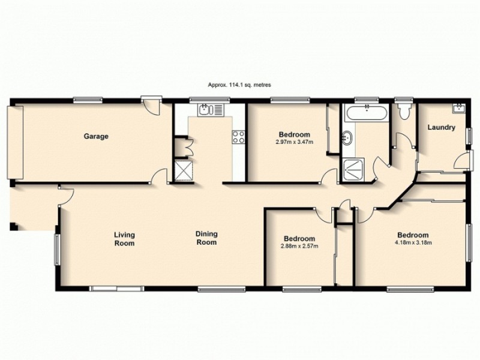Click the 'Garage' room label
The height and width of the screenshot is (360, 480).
pyautogui.click(x=96, y=136)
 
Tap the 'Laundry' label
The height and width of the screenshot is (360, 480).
pyautogui.click(x=441, y=127)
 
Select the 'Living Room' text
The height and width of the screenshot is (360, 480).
pyautogui.click(x=125, y=239)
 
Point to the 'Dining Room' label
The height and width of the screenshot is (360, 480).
pyautogui.click(x=206, y=238)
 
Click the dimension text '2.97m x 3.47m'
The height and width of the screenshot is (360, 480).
pyautogui.click(x=294, y=142)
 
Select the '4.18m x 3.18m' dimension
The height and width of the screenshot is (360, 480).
pyautogui.click(x=413, y=243)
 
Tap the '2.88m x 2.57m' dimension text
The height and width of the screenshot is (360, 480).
pyautogui.click(x=299, y=245)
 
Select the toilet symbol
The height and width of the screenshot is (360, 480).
pyautogui.click(x=404, y=111)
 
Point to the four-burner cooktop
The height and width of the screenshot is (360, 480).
pyautogui.click(x=239, y=137)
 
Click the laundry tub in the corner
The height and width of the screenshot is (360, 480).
pyautogui.click(x=459, y=109)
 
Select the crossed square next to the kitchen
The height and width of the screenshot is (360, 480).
pyautogui.click(x=182, y=170)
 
